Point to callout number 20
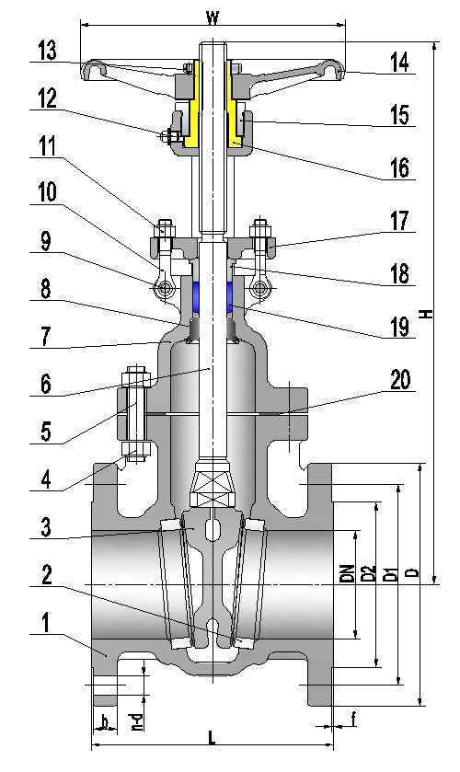(400, 379)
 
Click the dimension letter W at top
(213, 17)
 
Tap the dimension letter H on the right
(425, 313)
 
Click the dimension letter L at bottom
(212, 738)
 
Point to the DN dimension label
(347, 574)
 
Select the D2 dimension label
(369, 574)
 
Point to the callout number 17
(399, 221)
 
